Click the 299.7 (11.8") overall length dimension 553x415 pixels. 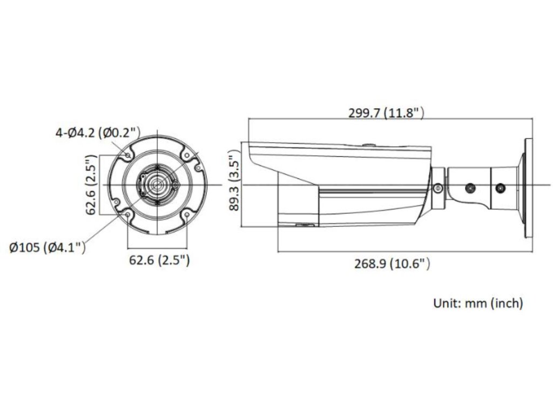tap(386, 113)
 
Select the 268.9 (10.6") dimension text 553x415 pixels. tap(392, 263)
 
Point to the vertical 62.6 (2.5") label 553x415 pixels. tap(91, 185)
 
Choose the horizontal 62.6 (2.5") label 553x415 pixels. tap(159, 260)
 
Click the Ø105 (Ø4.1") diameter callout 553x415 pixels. tap(48, 247)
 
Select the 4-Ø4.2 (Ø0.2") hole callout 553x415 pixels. tap(98, 133)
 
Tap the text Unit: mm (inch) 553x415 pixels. tap(478, 303)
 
